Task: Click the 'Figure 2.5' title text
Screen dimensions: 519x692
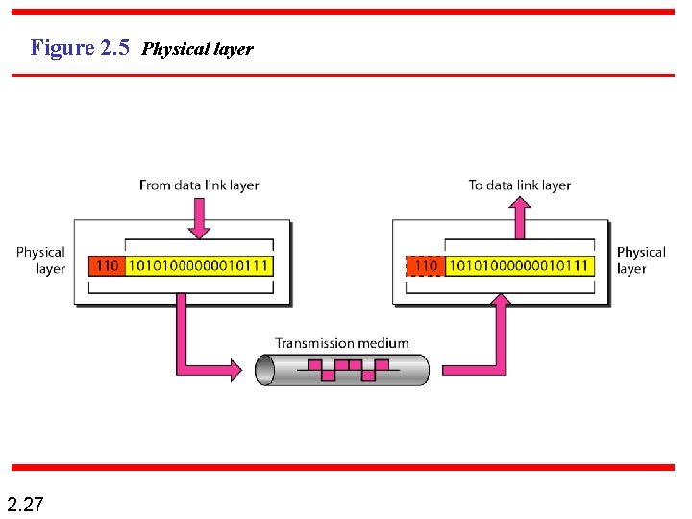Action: (80, 47)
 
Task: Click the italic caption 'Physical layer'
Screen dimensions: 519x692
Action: (198, 49)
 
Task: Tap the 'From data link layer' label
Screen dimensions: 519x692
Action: (199, 185)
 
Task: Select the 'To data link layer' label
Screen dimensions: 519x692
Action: (520, 185)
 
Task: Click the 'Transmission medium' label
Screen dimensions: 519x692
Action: (341, 343)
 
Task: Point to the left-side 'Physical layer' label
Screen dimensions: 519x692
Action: (41, 260)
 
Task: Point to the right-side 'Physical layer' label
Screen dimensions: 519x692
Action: (641, 260)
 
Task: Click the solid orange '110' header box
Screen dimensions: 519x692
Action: (107, 265)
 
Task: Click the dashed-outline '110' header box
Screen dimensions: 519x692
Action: (425, 265)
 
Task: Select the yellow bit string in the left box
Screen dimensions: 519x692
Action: (199, 265)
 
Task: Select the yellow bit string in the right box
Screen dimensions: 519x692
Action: (520, 265)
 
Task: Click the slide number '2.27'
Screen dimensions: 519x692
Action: (25, 504)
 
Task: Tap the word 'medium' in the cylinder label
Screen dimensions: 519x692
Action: (383, 343)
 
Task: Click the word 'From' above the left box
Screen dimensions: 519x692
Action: (154, 185)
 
